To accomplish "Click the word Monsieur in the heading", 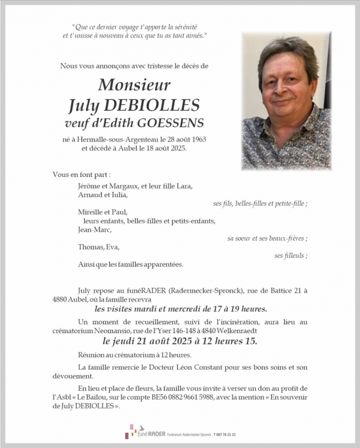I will (134, 85).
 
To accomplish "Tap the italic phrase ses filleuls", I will (291, 256).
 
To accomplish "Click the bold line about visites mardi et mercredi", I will (181, 309).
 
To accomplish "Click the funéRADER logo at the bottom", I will (143, 431).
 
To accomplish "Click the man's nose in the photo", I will (284, 89).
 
